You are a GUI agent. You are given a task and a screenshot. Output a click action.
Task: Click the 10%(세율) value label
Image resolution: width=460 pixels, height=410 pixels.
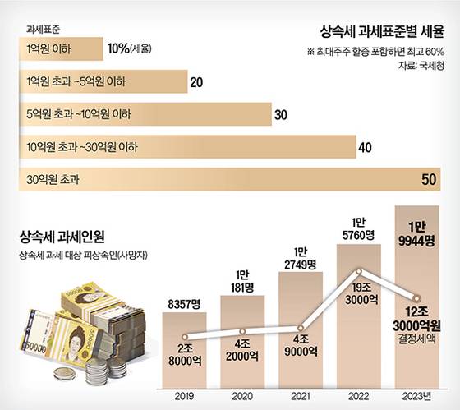129,48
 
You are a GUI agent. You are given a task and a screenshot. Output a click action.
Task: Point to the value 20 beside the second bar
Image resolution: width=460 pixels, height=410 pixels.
196,81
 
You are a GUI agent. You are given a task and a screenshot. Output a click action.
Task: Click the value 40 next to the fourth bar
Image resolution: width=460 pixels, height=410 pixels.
366,147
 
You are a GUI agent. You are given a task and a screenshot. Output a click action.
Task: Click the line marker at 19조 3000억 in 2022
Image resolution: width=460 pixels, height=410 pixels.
360,270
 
